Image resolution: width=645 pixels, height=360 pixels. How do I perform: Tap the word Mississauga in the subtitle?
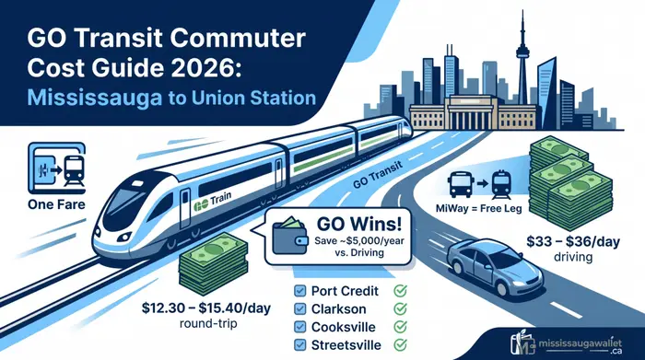(94, 99)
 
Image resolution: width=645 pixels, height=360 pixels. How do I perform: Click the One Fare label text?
(56, 204)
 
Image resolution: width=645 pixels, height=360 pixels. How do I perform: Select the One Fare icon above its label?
(56, 168)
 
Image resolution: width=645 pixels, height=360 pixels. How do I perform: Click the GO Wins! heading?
(358, 225)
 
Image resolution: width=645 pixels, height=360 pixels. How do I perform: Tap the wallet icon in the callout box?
(290, 236)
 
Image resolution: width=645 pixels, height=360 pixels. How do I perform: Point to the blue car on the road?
(495, 264)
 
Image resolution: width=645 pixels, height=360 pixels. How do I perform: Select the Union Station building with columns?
(472, 112)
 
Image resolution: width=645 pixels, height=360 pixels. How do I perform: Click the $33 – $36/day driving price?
(573, 241)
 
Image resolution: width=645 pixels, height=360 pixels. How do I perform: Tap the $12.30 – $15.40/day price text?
(206, 308)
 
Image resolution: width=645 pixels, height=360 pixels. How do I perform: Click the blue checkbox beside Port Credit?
(300, 291)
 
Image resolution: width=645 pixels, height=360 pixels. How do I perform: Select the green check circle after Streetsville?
(400, 344)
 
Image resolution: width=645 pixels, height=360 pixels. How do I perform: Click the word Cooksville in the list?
(344, 327)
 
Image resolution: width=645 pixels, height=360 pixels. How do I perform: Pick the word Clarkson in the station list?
(338, 309)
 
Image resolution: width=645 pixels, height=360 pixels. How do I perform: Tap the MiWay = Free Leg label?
(479, 209)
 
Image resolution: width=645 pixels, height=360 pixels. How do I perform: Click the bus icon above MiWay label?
(461, 184)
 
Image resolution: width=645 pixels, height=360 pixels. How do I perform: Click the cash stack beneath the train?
(214, 263)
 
